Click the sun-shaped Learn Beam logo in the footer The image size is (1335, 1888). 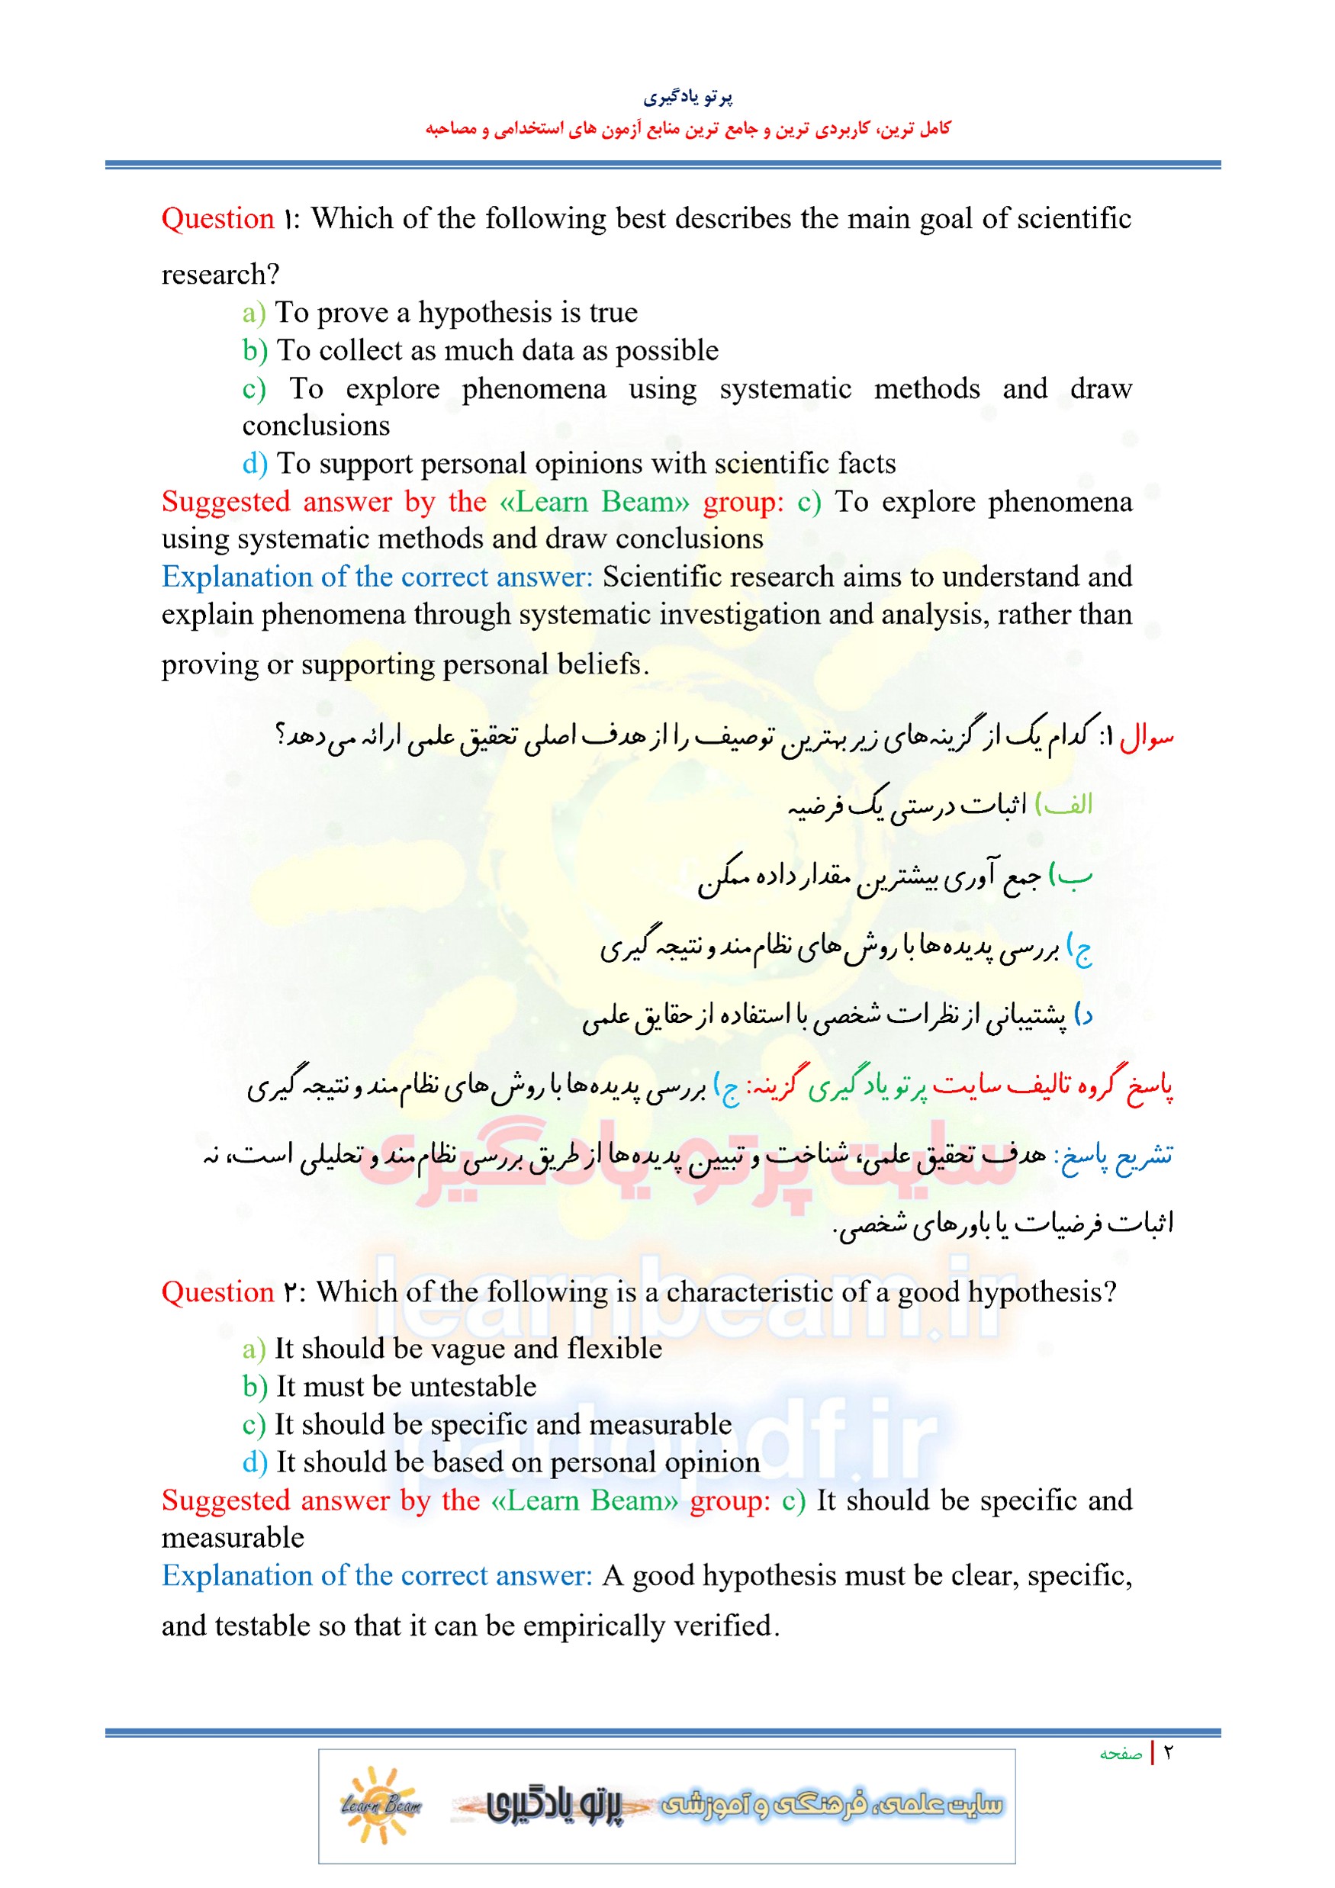pyautogui.click(x=380, y=1805)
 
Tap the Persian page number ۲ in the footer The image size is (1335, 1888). pyautogui.click(x=1168, y=1752)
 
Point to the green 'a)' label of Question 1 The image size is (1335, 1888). pyautogui.click(x=253, y=314)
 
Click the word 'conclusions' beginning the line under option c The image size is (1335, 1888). pyautogui.click(x=316, y=426)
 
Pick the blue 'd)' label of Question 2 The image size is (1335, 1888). pyautogui.click(x=254, y=1462)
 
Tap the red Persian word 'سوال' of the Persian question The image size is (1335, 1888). pyautogui.click(x=1147, y=737)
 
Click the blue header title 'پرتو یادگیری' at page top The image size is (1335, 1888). pyautogui.click(x=687, y=97)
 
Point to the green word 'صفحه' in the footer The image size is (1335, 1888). pyautogui.click(x=1121, y=1754)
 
